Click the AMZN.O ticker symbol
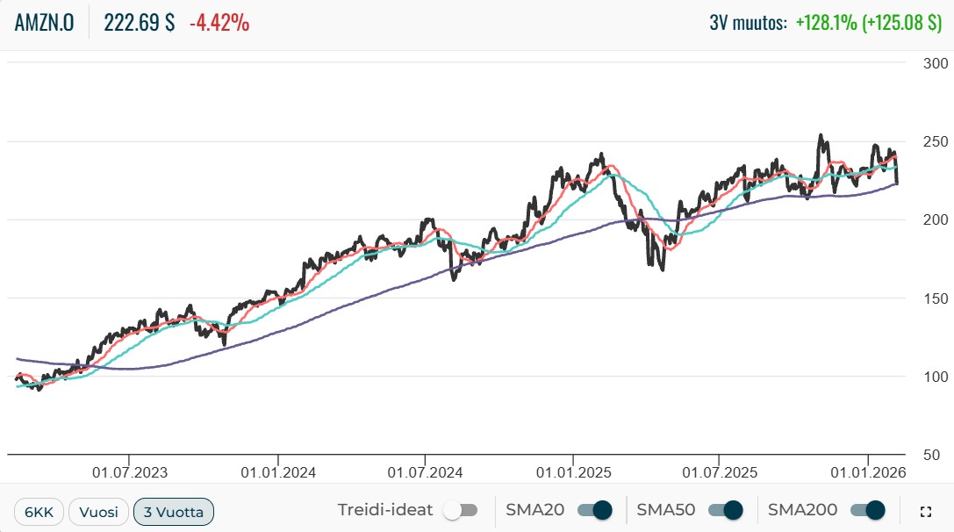pyautogui.click(x=44, y=24)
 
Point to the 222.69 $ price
pyautogui.click(x=139, y=24)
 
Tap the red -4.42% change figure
pyautogui.click(x=219, y=24)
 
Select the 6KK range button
pyautogui.click(x=39, y=511)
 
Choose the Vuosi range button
pyautogui.click(x=99, y=511)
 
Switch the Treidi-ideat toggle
pyautogui.click(x=460, y=510)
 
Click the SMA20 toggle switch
pyautogui.click(x=594, y=510)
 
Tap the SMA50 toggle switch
pyautogui.click(x=725, y=510)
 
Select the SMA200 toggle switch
pyautogui.click(x=868, y=510)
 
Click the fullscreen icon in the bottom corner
pyautogui.click(x=924, y=511)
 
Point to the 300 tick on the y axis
pyautogui.click(x=936, y=63)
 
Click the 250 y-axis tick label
pyautogui.click(x=936, y=141)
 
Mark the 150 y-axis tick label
pyautogui.click(x=936, y=298)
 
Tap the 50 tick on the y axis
pyautogui.click(x=940, y=455)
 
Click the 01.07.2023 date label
pyautogui.click(x=129, y=472)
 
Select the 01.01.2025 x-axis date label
pyautogui.click(x=572, y=472)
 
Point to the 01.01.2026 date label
pyautogui.click(x=867, y=472)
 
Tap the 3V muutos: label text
pyautogui.click(x=748, y=24)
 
